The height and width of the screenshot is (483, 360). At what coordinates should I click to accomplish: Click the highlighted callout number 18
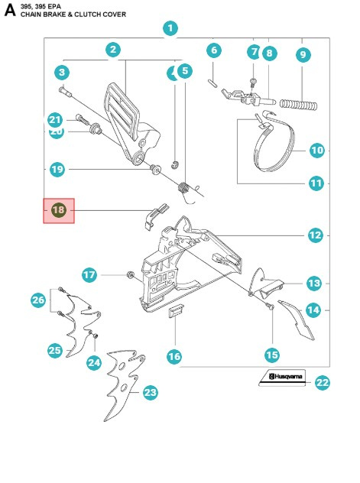click(59, 210)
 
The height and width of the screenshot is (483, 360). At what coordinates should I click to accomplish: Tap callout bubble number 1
click(170, 28)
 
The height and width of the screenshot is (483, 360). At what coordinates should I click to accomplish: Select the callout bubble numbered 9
click(303, 54)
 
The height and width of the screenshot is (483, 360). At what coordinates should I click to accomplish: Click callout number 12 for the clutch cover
click(315, 235)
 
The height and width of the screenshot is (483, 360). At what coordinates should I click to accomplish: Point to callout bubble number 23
click(151, 392)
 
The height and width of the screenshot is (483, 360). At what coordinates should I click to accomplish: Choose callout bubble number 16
click(174, 355)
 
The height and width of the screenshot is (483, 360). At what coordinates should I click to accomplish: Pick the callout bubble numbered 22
click(323, 383)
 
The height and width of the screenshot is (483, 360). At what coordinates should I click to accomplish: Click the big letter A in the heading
click(10, 10)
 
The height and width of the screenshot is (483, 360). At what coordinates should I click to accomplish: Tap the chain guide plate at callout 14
click(298, 320)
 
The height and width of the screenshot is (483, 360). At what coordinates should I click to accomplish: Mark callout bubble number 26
click(38, 300)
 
